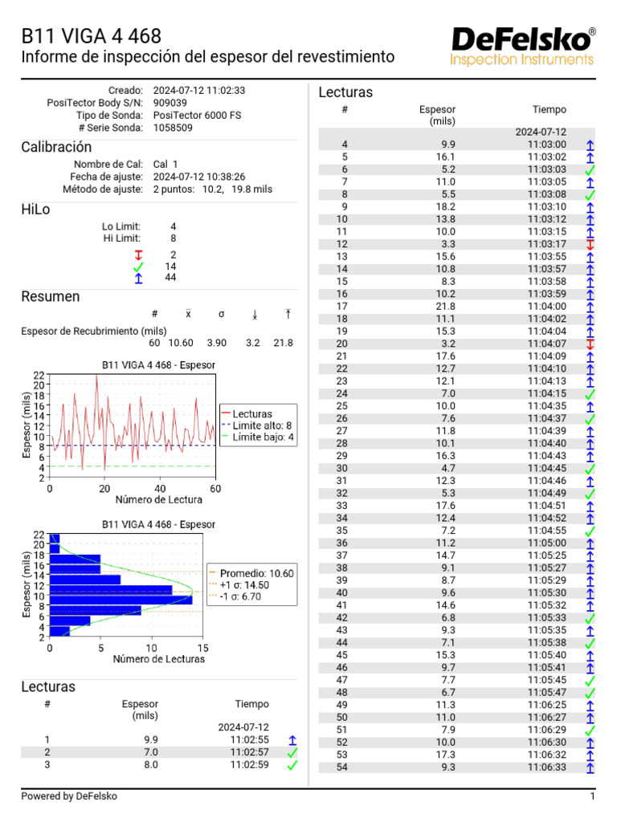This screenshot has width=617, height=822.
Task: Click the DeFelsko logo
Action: [x=523, y=46]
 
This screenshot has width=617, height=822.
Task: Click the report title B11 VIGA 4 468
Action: [x=91, y=36]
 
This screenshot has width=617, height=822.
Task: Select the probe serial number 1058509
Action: [x=173, y=128]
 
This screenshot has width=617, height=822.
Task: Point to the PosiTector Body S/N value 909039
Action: [x=170, y=103]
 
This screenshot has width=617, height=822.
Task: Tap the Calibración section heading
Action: [x=56, y=147]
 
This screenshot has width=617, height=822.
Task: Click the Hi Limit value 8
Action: [x=173, y=238]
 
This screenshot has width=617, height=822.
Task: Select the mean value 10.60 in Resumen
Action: [x=187, y=343]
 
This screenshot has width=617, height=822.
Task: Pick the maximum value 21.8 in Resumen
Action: [x=283, y=343]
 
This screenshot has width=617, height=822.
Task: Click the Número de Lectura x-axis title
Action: [x=133, y=500]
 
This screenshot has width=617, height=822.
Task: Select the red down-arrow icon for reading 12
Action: [x=590, y=244]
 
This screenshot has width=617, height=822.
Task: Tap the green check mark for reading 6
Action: [x=590, y=169]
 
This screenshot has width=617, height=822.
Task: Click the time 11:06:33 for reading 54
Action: [x=547, y=767]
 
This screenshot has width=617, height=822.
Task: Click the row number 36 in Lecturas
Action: [x=341, y=543]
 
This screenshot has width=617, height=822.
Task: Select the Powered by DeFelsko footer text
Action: [x=69, y=796]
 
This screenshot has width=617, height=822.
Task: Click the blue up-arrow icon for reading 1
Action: [x=292, y=740]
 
